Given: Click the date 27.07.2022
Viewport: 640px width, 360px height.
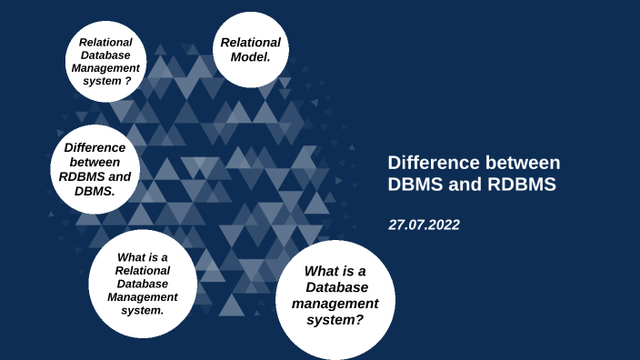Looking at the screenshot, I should point(424,225).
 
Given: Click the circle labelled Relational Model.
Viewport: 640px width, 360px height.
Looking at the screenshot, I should point(250,50).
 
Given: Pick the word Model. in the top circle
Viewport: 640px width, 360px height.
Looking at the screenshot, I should point(250,57).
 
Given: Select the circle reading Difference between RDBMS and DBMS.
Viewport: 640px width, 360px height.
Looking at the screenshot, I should point(95,169).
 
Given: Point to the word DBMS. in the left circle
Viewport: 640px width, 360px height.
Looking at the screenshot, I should point(95,192).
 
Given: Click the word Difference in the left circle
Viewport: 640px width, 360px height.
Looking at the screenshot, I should point(95,146).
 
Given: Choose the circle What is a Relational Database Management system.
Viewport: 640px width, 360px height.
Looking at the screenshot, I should point(143,283).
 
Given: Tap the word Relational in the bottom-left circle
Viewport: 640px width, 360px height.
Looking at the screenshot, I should point(143,270).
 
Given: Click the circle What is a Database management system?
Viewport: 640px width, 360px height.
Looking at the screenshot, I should point(335,296).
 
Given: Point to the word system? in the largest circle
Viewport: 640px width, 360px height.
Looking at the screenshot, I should point(335,319).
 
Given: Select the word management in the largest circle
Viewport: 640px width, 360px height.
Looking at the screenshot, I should point(335,304).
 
